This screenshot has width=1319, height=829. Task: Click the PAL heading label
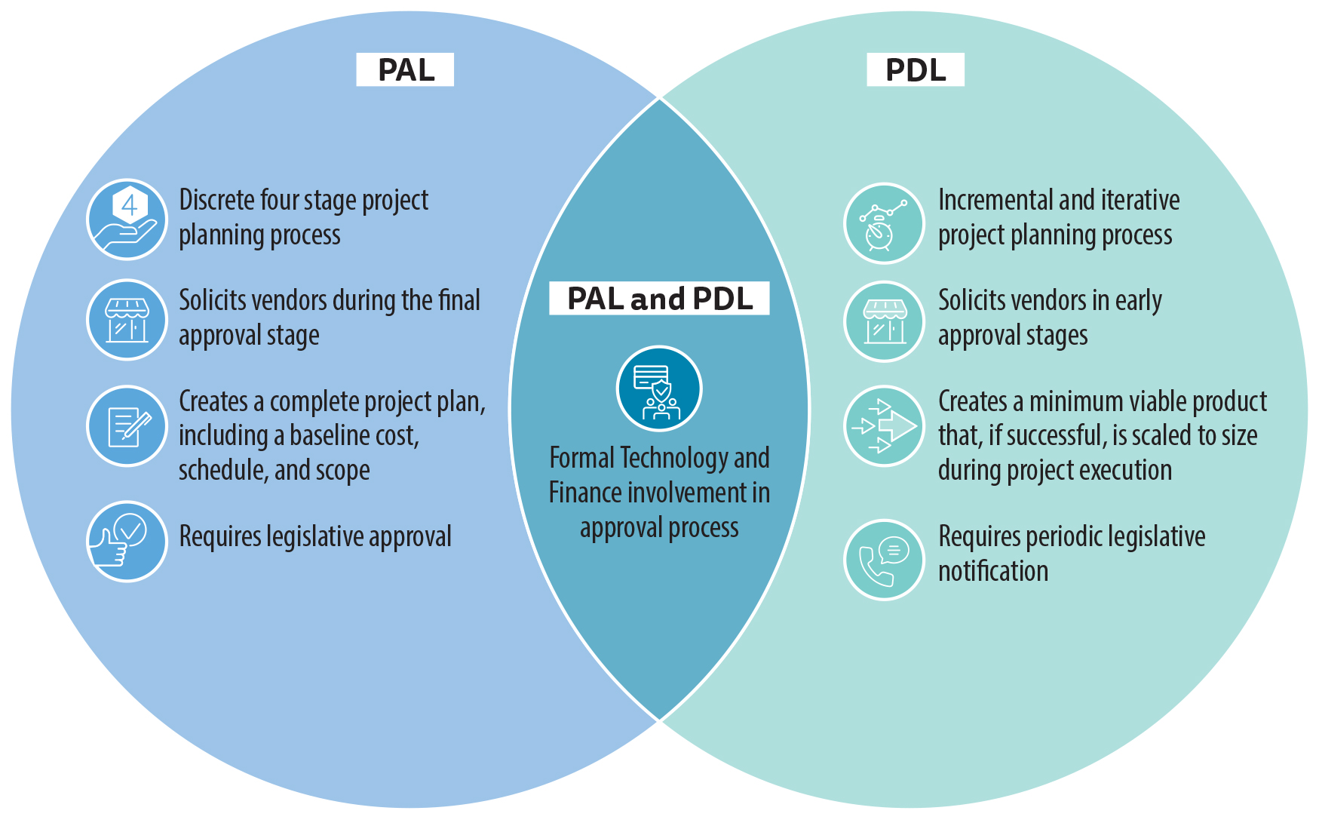405,70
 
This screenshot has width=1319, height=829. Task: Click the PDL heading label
915,70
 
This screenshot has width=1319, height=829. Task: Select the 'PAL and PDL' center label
659,299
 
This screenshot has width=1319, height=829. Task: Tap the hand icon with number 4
127,219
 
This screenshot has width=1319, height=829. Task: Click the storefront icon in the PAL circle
127,320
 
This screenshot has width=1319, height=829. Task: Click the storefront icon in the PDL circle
884,321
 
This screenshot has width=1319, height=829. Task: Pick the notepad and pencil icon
127,426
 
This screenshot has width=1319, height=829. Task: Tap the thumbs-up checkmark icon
127,541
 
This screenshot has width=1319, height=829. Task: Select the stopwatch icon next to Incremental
884,223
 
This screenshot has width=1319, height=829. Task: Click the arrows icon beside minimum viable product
884,426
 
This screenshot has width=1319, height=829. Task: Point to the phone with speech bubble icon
884,560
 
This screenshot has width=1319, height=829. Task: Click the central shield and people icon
659,389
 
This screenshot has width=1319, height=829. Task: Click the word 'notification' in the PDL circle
992,571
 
